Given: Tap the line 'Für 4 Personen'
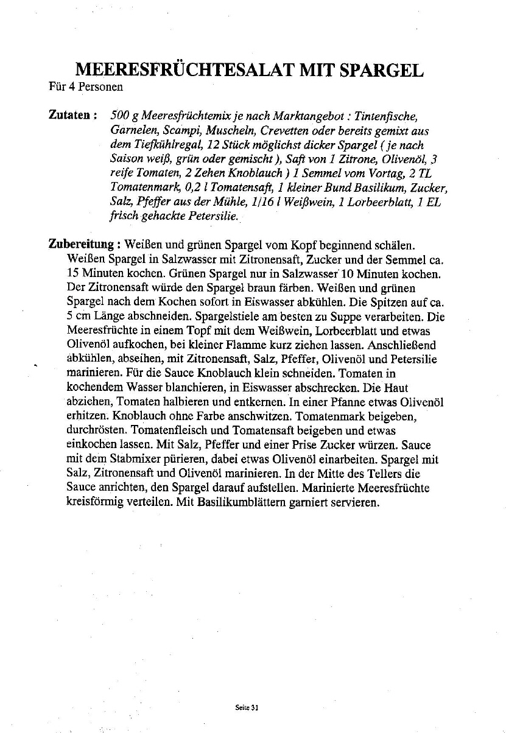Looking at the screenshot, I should [x=86, y=86].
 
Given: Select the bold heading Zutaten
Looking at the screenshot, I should [x=70, y=115].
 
